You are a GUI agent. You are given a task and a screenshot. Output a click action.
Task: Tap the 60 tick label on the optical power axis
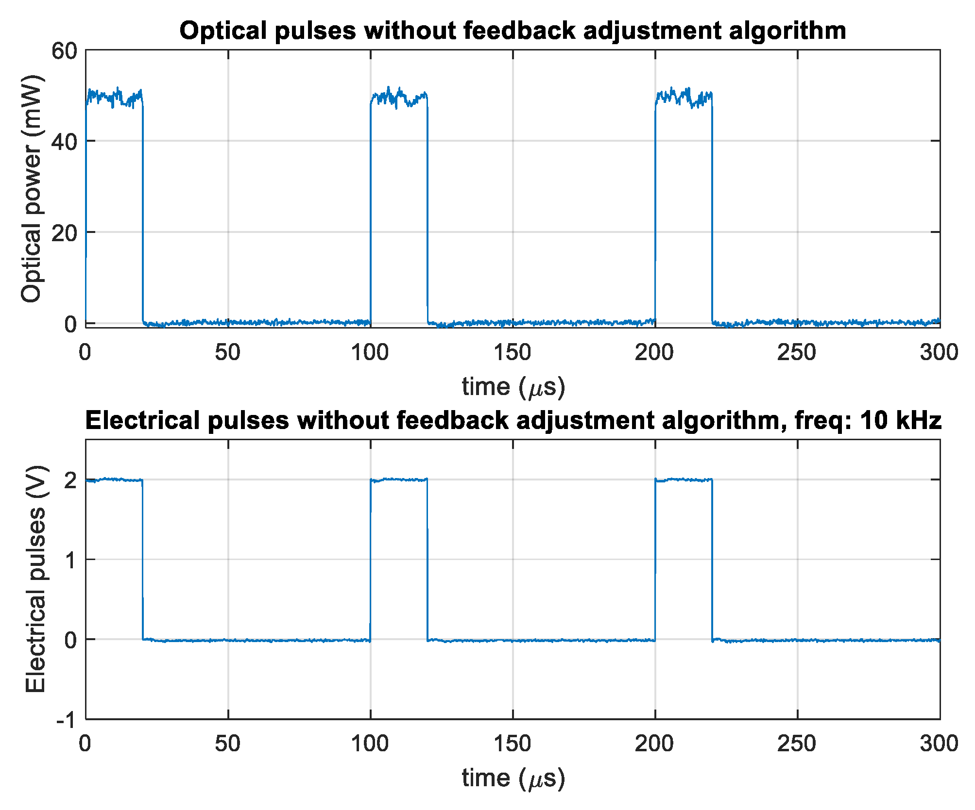click(65, 50)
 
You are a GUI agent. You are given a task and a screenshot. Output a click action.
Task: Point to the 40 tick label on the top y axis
click(65, 142)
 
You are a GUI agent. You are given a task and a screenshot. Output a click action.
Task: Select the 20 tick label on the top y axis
click(65, 233)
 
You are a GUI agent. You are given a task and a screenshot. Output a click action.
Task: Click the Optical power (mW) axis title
click(32, 188)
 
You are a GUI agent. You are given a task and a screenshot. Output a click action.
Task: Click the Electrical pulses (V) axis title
click(35, 579)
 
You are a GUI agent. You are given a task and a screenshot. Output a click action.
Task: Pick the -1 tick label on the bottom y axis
click(67, 720)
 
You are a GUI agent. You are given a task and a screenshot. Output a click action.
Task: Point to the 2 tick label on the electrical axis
click(71, 480)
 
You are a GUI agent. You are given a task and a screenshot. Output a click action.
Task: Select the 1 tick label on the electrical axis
click(71, 560)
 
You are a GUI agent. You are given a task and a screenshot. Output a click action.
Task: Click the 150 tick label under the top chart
click(513, 352)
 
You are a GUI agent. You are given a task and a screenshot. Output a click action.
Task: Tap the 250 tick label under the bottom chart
click(797, 744)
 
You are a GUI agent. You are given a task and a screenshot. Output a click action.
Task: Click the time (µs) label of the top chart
click(513, 387)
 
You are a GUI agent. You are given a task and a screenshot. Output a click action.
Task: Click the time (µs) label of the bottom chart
click(513, 778)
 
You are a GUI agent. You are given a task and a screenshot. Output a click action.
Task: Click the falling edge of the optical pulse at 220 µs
click(712, 209)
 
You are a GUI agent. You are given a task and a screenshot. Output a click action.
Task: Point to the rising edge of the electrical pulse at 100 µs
click(370, 558)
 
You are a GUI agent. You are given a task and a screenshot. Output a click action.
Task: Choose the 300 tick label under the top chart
click(939, 352)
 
